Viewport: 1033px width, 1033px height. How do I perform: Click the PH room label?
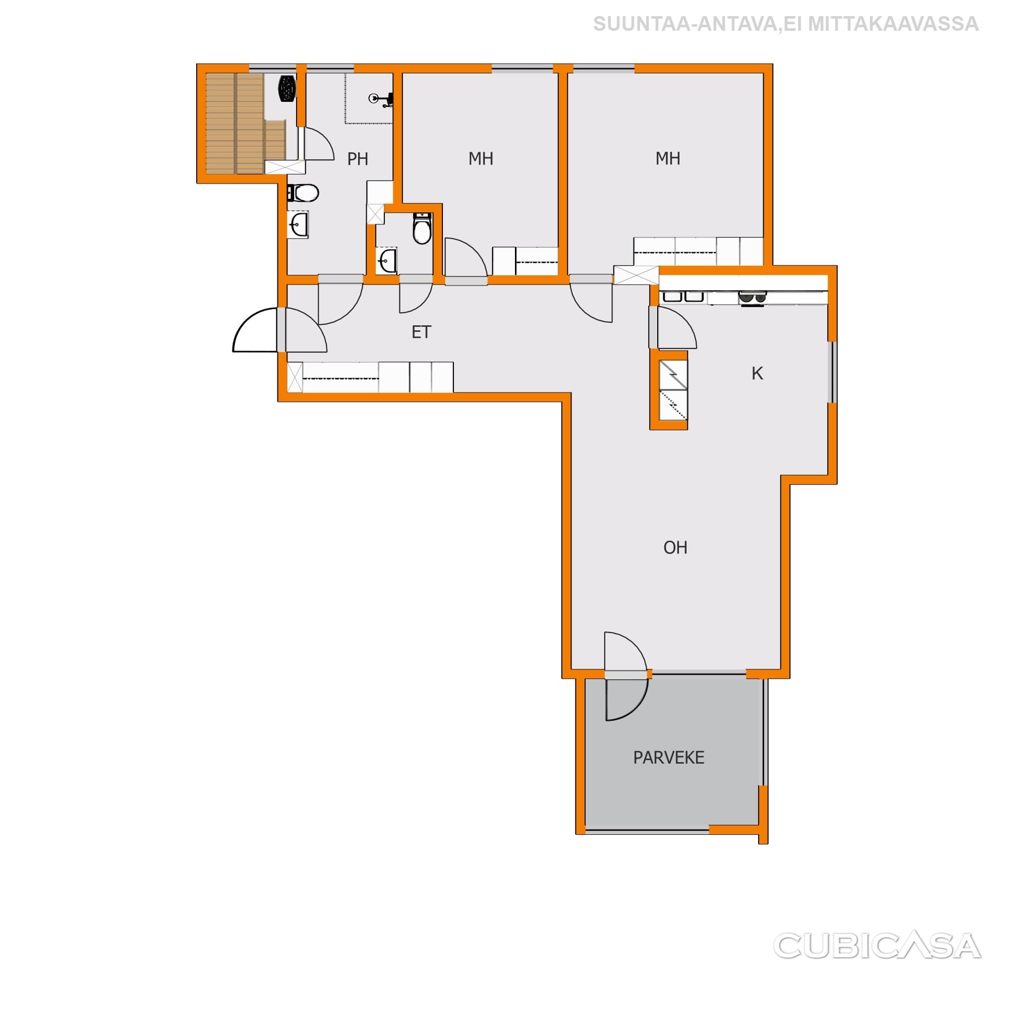click(358, 159)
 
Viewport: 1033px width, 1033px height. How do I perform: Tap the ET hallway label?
click(421, 332)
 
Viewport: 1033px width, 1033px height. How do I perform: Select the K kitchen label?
click(757, 374)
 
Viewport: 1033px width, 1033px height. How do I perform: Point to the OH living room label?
click(675, 547)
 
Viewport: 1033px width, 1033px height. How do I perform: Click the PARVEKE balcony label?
click(669, 758)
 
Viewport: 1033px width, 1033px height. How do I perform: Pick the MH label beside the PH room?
click(481, 159)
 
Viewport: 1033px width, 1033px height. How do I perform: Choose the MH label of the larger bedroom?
click(668, 158)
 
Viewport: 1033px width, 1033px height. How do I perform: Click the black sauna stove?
click(287, 88)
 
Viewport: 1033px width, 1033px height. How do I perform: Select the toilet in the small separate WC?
click(422, 228)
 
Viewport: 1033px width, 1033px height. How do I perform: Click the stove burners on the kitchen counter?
click(752, 298)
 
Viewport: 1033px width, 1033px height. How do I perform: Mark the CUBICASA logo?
click(877, 946)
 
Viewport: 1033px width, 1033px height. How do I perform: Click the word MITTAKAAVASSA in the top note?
click(893, 24)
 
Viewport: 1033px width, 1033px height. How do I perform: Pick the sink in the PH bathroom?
click(298, 224)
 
